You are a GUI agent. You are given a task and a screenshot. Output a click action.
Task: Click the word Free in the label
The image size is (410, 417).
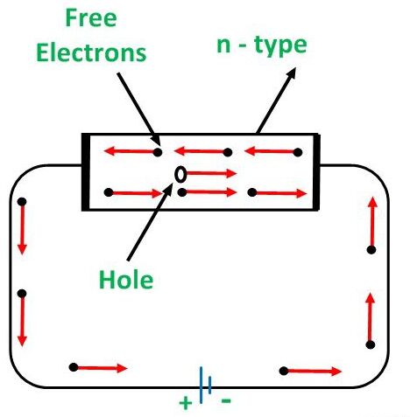pos(91,18)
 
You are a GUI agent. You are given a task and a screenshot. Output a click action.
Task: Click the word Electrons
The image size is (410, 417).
pos(91,53)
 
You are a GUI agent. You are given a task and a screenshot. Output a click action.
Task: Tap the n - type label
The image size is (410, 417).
pos(262,45)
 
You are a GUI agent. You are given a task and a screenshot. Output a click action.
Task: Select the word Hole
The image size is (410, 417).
pos(126,279)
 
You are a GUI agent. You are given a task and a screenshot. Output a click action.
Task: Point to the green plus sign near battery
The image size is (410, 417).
pos(186,403)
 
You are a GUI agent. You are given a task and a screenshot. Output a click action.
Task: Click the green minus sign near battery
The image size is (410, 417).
pos(226,401)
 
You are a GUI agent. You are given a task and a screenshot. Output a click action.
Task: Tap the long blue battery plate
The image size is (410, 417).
pos(201,385)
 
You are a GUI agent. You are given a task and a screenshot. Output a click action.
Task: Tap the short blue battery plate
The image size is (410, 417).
pos(209,385)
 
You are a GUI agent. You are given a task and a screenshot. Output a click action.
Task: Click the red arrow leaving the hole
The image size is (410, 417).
pos(211,174)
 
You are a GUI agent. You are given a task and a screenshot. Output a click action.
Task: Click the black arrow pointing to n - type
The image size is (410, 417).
pos(276,101)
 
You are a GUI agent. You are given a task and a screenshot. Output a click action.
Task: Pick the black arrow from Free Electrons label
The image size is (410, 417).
pos(138,108)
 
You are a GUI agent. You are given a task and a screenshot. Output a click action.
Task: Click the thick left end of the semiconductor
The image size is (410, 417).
pos(85,172)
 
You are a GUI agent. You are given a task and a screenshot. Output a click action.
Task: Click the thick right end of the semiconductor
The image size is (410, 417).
pos(317,172)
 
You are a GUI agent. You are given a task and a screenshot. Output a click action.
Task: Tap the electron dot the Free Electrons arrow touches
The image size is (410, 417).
pos(158,152)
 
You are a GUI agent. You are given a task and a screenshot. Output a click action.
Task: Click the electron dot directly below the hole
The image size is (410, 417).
pos(182,192)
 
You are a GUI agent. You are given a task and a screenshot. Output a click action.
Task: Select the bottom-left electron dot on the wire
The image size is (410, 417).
pos(74,367)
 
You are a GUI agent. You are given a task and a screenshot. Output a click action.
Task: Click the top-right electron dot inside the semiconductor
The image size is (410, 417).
pos(298,152)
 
